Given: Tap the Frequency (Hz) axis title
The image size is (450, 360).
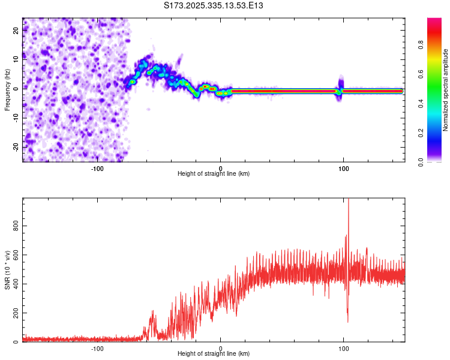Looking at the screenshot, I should pyautogui.click(x=7, y=89).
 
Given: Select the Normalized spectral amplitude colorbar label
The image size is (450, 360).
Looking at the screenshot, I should pyautogui.click(x=446, y=89).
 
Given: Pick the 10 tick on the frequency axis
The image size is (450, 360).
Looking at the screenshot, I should pyautogui.click(x=16, y=59).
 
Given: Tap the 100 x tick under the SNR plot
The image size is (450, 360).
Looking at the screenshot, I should pyautogui.click(x=343, y=348).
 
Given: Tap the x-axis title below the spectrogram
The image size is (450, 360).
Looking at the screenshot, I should pyautogui.click(x=214, y=174).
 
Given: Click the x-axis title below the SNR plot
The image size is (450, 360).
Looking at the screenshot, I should pyautogui.click(x=214, y=355).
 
